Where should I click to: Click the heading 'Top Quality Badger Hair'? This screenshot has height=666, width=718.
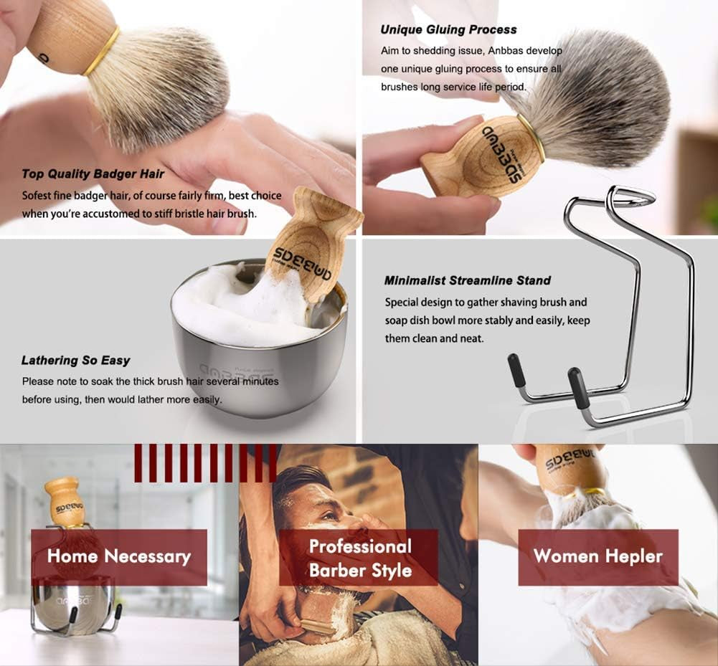93,173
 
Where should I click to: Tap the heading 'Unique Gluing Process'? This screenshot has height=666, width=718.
448,29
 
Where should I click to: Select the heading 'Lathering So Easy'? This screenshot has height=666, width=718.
75,360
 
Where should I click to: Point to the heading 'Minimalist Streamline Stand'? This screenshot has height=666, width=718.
467,280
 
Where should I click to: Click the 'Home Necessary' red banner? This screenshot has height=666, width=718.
119,557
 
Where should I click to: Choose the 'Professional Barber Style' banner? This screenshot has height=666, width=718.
359,558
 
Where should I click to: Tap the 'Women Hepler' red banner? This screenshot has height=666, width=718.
597,557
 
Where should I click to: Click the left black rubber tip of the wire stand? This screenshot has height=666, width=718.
516,370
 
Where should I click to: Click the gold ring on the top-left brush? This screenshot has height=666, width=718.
101,52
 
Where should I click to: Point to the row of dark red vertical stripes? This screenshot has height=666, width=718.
205,462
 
